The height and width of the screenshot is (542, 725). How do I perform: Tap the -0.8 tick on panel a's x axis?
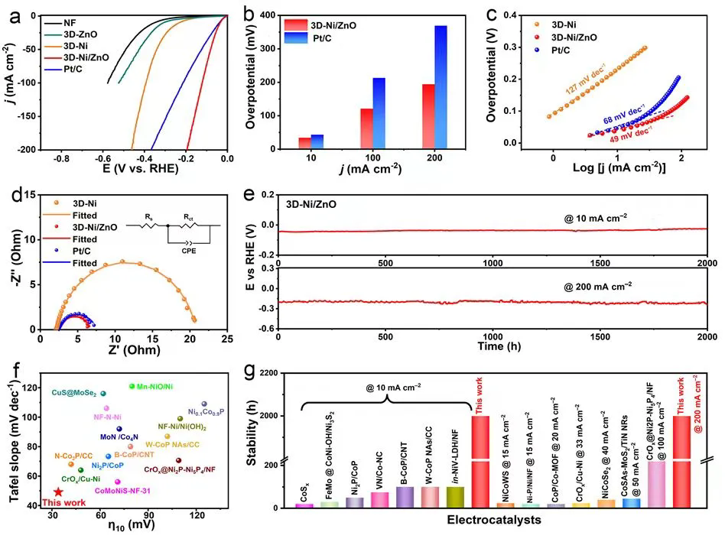tap(62, 159)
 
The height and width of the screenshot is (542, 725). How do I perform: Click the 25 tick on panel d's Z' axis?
tap(227, 339)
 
